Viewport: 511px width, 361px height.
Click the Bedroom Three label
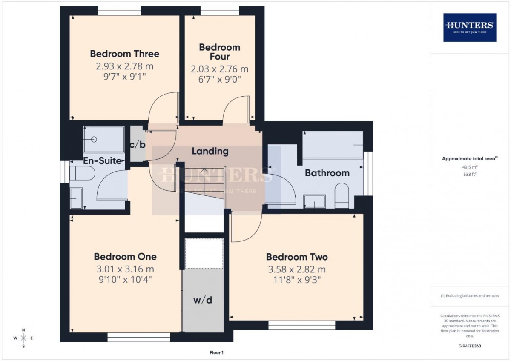pos(124,54)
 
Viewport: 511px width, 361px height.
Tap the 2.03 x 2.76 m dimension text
pos(219,69)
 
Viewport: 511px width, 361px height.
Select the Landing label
pos(210,151)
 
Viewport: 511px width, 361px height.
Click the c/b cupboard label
pos(138,144)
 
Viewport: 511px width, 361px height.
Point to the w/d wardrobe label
pos(203,300)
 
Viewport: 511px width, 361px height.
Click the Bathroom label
pos(327,173)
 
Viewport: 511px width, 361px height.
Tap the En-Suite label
pos(102,161)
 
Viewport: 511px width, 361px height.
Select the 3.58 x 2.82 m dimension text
pos(297,269)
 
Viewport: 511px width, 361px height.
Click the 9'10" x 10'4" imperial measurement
pos(125,279)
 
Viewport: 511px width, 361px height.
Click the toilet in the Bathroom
pos(342,195)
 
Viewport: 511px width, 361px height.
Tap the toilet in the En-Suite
pos(82,173)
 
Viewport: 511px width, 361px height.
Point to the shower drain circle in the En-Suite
pos(94,139)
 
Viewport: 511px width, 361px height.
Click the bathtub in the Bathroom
pos(333,145)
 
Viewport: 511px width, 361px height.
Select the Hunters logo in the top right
pos(470,27)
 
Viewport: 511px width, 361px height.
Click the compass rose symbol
pos(23,338)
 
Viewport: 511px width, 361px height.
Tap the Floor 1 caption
pos(216,352)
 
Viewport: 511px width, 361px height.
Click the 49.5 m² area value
pos(470,167)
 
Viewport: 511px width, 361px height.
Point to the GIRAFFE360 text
pos(470,346)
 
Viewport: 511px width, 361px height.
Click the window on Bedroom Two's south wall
pos(302,325)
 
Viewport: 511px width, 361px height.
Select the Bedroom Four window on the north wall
pos(220,11)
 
